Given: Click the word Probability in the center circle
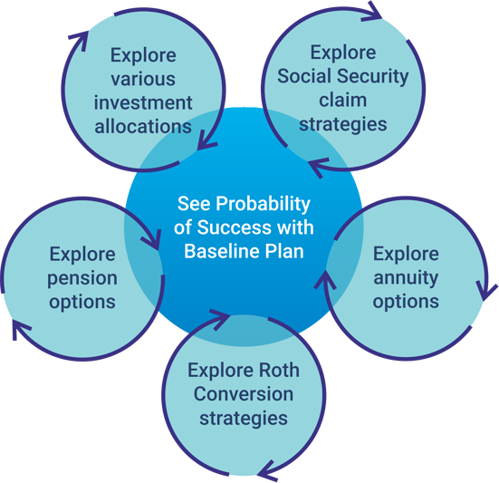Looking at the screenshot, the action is click(263, 205).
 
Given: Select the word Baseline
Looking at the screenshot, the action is click(222, 251).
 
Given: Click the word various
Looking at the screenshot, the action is click(143, 79).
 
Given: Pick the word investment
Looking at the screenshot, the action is click(143, 102).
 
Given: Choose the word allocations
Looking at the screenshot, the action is click(143, 126).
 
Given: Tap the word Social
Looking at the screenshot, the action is click(304, 76).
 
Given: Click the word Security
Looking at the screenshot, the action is click(373, 77).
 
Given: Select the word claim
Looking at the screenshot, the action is click(342, 100).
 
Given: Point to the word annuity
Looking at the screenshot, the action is click(406, 278).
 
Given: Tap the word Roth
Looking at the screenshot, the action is click(279, 371).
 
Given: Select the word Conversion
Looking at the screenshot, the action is click(244, 394).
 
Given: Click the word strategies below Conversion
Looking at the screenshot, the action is click(244, 419).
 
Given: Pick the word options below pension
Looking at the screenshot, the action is click(82, 303).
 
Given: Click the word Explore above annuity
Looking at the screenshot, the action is click(406, 254).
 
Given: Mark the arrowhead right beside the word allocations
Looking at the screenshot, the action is click(206, 140).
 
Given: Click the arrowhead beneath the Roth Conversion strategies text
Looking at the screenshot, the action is click(268, 471).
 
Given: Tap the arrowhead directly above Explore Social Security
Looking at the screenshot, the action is click(372, 12).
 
